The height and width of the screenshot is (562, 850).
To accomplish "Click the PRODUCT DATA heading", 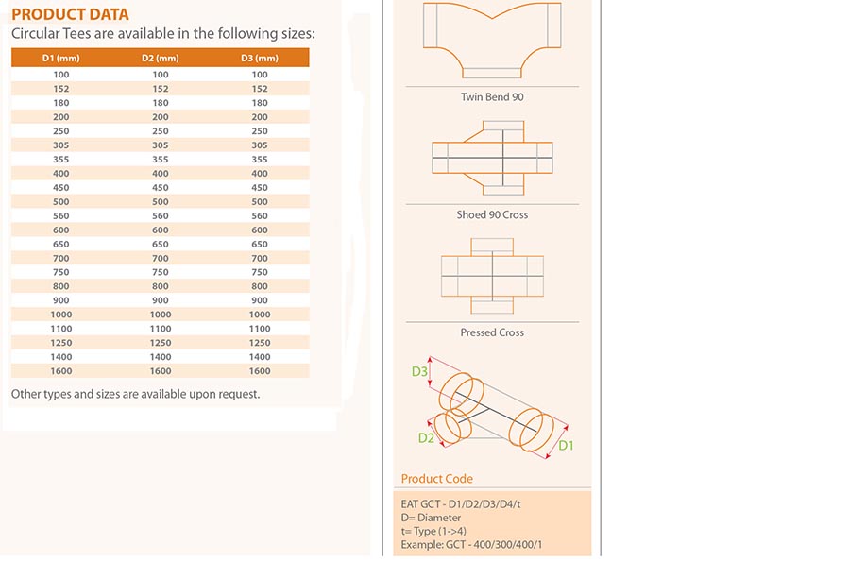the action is [x=70, y=14].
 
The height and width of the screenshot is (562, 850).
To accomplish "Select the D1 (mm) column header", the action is [x=60, y=58].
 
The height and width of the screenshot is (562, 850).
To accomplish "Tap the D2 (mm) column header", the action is [x=160, y=58].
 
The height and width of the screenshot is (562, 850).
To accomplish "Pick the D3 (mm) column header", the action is [x=259, y=58].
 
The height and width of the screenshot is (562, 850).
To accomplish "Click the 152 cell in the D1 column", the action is [x=60, y=89].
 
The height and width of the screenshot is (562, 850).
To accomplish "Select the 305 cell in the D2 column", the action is [x=160, y=145].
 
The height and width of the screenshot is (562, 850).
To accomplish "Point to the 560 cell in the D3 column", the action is [x=259, y=215].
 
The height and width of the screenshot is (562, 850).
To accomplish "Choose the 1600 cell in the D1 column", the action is [x=60, y=371].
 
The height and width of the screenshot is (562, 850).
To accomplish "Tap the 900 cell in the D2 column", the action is [x=160, y=300].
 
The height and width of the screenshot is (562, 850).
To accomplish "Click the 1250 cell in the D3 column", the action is [x=259, y=343].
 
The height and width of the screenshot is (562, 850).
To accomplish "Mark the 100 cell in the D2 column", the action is [x=160, y=75].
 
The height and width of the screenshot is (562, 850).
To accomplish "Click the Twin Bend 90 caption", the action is [x=492, y=97].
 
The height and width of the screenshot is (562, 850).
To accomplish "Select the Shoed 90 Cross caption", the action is [x=492, y=214].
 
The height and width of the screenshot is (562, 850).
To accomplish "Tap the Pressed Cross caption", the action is [x=492, y=332].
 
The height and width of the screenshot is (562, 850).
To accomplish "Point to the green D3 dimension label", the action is [x=419, y=371].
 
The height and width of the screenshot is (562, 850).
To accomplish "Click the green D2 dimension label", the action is [x=426, y=438].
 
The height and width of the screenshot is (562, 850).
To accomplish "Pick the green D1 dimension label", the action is [x=566, y=446].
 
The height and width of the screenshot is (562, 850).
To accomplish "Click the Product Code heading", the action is [x=437, y=479].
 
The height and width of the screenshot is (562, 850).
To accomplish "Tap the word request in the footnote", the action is [x=240, y=395].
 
